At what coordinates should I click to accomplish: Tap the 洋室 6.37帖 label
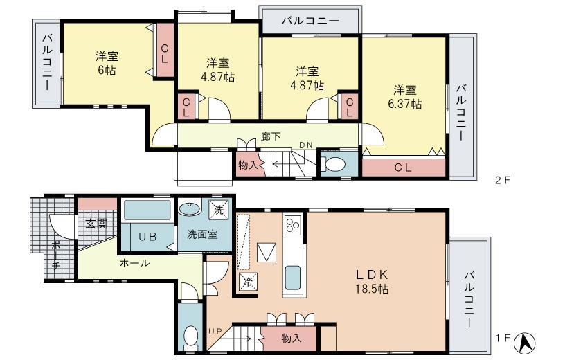406,97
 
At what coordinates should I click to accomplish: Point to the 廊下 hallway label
270,136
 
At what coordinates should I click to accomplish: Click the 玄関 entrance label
96,223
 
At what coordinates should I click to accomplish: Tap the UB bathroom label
147,236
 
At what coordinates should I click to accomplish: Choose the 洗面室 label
202,234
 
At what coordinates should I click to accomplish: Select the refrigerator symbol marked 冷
247,281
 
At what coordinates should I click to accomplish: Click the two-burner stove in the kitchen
292,225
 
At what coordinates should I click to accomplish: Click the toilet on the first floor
189,336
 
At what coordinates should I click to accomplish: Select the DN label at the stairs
305,145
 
